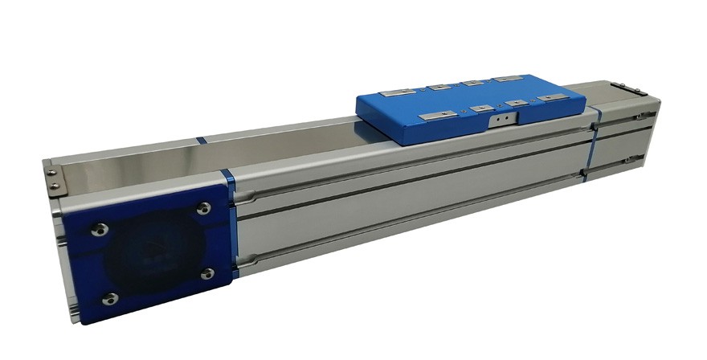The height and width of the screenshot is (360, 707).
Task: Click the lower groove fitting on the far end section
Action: point(639,160)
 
